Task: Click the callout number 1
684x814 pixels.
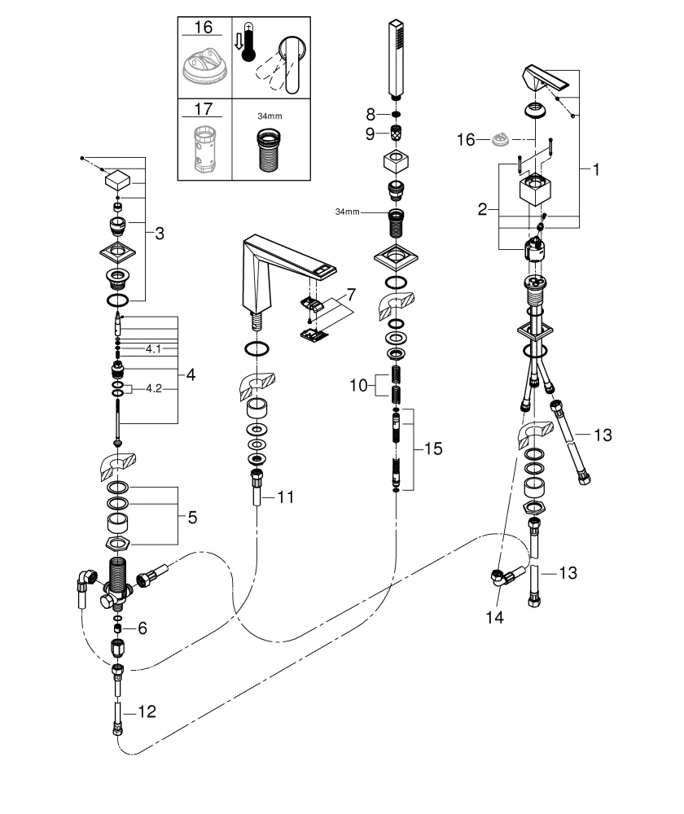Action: point(596,170)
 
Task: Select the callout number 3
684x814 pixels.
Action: point(160,234)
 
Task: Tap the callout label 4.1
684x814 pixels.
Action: point(155,348)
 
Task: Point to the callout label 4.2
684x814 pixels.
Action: point(155,389)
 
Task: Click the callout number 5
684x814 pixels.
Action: point(192,516)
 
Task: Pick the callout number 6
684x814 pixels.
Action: point(143,628)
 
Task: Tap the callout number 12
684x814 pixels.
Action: point(147,712)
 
